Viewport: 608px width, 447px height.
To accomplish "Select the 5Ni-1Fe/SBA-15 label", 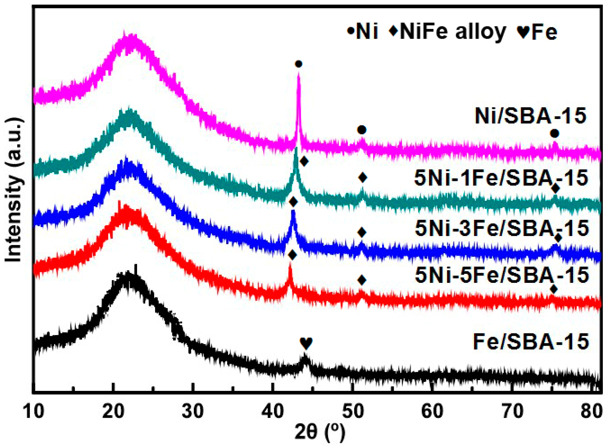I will click(x=501, y=178).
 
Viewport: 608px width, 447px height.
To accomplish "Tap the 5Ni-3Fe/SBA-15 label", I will click(x=502, y=228).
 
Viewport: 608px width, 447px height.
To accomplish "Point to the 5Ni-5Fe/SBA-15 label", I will click(x=502, y=275).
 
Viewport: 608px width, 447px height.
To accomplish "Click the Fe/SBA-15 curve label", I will click(x=531, y=342).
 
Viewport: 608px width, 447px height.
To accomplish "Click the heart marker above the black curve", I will click(x=306, y=343).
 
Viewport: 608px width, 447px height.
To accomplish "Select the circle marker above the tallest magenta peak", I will click(x=298, y=64).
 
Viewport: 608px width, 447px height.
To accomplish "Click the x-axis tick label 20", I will click(x=113, y=412).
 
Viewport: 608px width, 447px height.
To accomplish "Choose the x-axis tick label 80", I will click(x=592, y=412).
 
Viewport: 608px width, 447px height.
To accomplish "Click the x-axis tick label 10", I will click(x=34, y=412).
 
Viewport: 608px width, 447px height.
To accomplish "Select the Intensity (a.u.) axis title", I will click(x=14, y=190).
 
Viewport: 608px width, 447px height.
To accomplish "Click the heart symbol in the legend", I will click(x=523, y=32).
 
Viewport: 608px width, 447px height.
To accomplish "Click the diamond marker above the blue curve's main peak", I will click(x=293, y=202).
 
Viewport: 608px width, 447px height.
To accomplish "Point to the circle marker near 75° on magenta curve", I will click(x=554, y=133).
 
